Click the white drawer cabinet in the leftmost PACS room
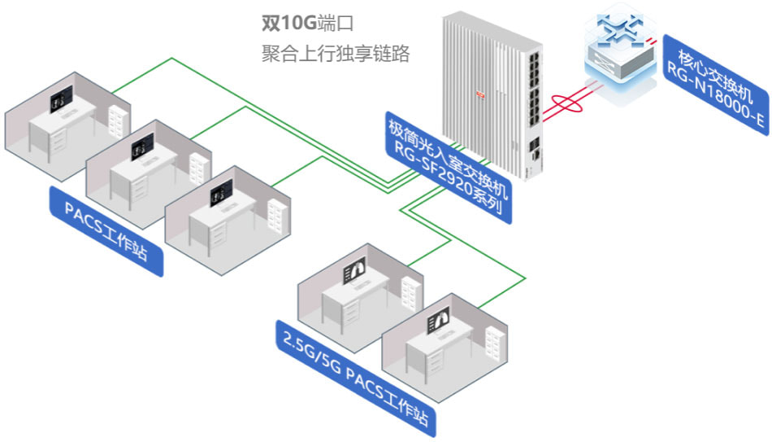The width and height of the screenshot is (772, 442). point(117,123)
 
